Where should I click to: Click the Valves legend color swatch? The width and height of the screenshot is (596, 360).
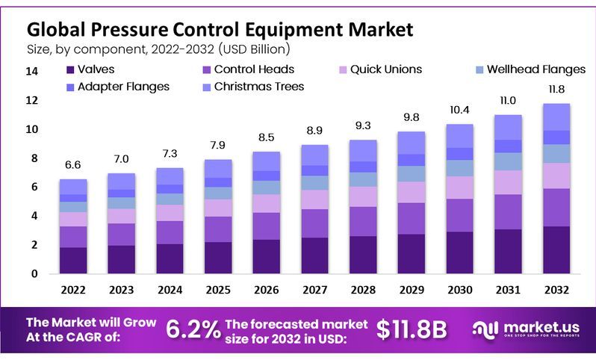(71, 70)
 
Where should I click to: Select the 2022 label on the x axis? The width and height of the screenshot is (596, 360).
(73, 290)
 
